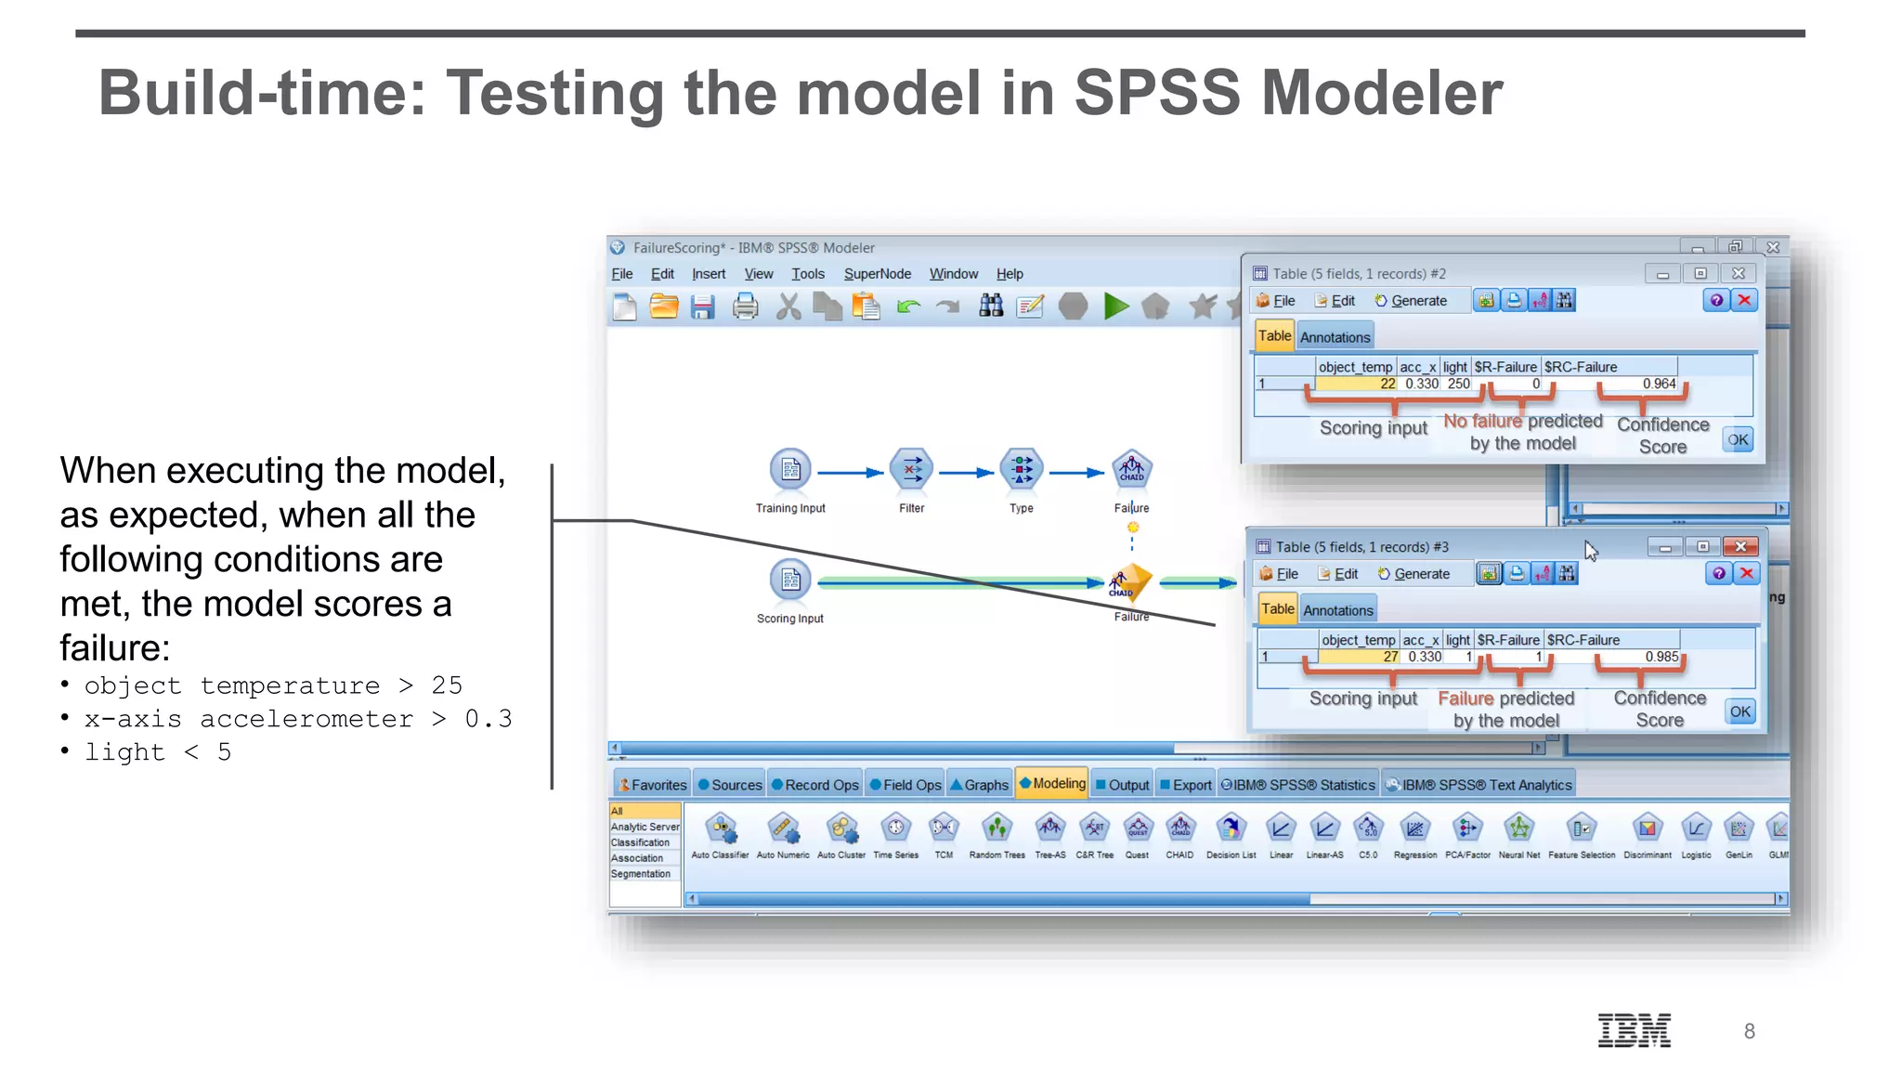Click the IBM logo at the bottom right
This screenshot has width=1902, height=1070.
click(1634, 1030)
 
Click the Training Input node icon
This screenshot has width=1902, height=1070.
click(790, 469)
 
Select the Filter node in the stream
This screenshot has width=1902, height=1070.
click(911, 469)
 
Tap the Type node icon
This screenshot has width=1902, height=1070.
click(1021, 469)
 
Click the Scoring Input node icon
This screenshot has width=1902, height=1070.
click(790, 580)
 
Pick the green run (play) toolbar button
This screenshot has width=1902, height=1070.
click(1115, 307)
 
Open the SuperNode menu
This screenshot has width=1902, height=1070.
click(877, 274)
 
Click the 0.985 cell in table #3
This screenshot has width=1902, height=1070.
click(1661, 657)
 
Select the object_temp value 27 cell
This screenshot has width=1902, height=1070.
click(1389, 657)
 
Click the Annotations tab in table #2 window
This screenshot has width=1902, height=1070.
click(1335, 337)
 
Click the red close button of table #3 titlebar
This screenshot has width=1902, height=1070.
click(1740, 546)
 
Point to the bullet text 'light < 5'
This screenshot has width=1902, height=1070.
click(157, 751)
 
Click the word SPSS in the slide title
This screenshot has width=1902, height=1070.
click(1156, 93)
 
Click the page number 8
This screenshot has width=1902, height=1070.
click(1749, 1031)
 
